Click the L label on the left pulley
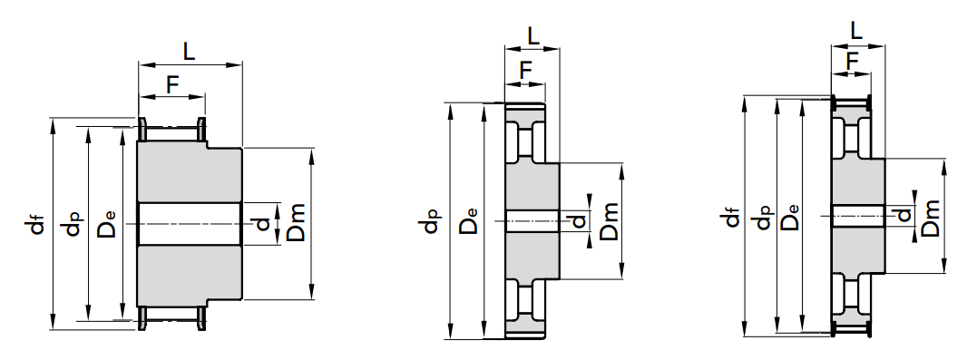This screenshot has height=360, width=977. [x=189, y=51]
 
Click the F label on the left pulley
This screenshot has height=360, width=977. [x=173, y=84]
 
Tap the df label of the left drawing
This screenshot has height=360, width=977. [x=39, y=224]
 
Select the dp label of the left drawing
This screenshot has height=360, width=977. [x=73, y=224]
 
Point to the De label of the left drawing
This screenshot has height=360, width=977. [x=106, y=225]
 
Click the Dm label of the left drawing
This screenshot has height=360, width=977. [x=295, y=222]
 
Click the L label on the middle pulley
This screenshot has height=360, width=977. [x=533, y=36]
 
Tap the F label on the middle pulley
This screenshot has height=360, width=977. [x=526, y=71]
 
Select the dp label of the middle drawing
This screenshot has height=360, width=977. [x=431, y=221]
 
